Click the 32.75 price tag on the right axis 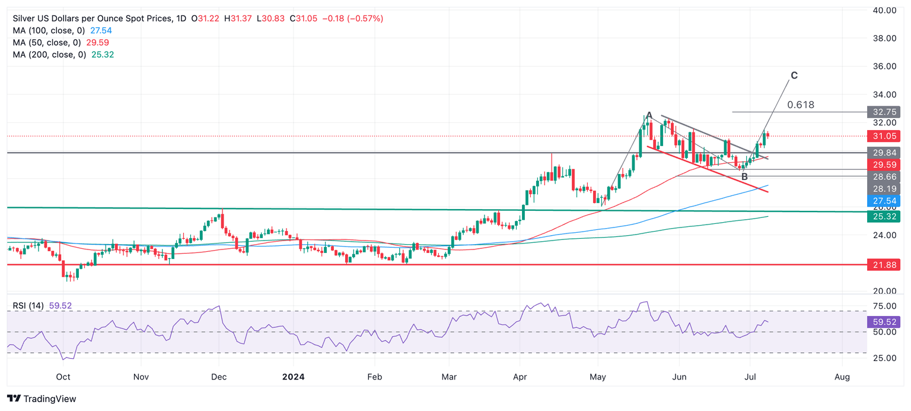pyautogui.click(x=883, y=112)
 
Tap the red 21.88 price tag pyautogui.click(x=883, y=264)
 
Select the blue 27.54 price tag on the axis pyautogui.click(x=883, y=201)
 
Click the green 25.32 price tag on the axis pyautogui.click(x=883, y=216)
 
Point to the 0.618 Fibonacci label pyautogui.click(x=801, y=105)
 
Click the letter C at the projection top pyautogui.click(x=794, y=75)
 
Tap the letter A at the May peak pyautogui.click(x=649, y=115)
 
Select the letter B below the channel pyautogui.click(x=744, y=176)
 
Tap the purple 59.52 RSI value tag pyautogui.click(x=883, y=322)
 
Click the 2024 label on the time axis pyautogui.click(x=293, y=377)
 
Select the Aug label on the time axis pyautogui.click(x=842, y=377)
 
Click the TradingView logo pyautogui.click(x=42, y=399)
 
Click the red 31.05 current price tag pyautogui.click(x=883, y=136)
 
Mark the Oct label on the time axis pyautogui.click(x=63, y=377)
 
